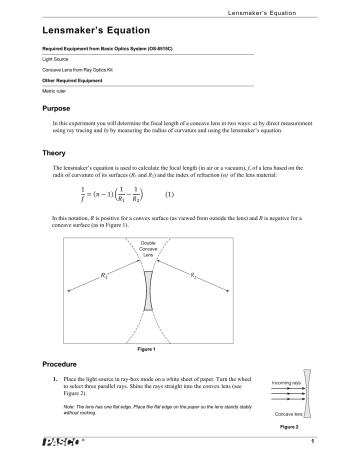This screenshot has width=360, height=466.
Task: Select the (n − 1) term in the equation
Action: point(96,193)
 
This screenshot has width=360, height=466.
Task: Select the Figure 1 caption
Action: point(179,351)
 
